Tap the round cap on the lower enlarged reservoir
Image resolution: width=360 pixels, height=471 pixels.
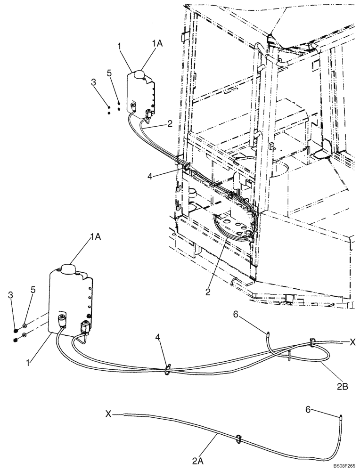tap(69, 269)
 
